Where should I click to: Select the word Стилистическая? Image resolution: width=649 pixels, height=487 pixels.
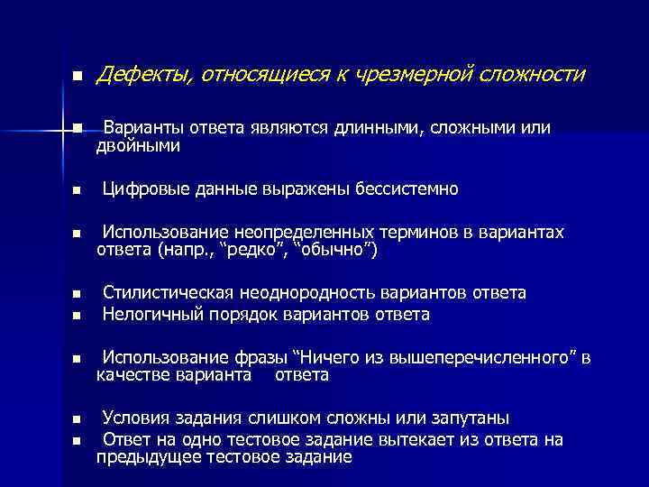[x=169, y=293]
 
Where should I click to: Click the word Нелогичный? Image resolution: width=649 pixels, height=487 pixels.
[x=149, y=314]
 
